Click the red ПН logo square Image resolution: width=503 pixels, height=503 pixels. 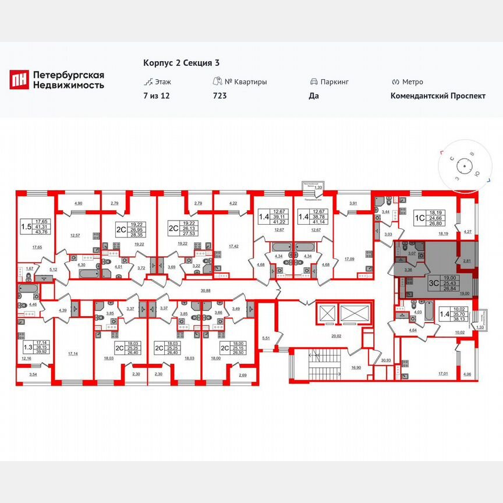pyautogui.click(x=19, y=80)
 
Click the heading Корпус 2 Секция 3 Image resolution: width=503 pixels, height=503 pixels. pyautogui.click(x=181, y=63)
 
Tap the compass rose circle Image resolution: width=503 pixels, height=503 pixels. pyautogui.click(x=465, y=167)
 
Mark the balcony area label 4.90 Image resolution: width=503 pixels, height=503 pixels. pyautogui.click(x=78, y=203)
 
